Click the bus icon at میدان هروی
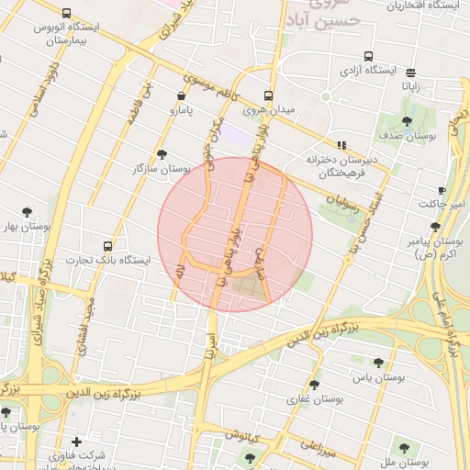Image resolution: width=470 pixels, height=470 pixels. coord(268,95)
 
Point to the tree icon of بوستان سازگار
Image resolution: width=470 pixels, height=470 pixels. coord(162,154)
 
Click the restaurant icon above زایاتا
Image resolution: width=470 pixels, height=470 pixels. coord(409,72)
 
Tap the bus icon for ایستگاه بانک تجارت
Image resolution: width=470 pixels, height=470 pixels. coord(108,246)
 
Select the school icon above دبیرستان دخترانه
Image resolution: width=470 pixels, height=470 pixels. coord(341,145)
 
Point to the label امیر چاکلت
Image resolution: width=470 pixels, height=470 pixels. coord(441,203)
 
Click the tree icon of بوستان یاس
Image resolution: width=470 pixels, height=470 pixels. coord(378,363)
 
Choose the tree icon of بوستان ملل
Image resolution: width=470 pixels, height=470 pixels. coord(404,447)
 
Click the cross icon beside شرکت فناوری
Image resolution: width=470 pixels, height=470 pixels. coord(76,442)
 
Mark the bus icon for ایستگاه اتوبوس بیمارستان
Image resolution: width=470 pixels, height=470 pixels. coord(66,14)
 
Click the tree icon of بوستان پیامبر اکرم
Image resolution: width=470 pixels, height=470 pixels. coord(435,226)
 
